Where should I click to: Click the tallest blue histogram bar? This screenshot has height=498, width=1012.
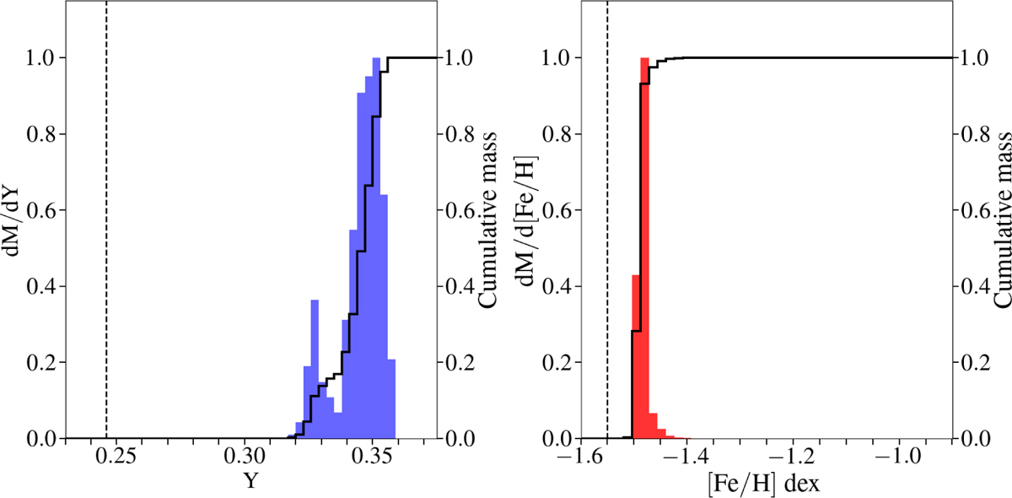coord(376,253)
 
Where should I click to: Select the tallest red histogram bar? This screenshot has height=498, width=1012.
coord(645,253)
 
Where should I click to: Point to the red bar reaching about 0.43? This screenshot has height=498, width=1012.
coord(636,355)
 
